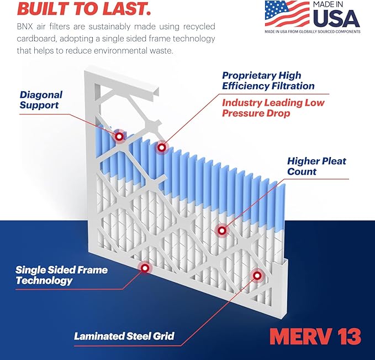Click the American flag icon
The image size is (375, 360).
click(x=287, y=13)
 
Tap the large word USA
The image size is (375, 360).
click(x=336, y=19)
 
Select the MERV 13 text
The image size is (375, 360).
click(x=315, y=336)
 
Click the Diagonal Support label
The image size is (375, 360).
click(x=41, y=99)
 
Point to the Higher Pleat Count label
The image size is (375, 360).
click(x=316, y=166)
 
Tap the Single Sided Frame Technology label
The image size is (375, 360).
click(x=61, y=275)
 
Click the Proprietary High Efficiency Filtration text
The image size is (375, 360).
click(x=268, y=81)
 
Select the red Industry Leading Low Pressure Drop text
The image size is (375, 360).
click(x=273, y=108)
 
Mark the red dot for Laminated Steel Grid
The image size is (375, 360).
click(x=256, y=275)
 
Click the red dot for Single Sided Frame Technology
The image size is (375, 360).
click(x=145, y=268)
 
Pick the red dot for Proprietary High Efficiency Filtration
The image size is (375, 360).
click(x=161, y=147)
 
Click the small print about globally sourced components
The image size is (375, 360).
click(x=312, y=32)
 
